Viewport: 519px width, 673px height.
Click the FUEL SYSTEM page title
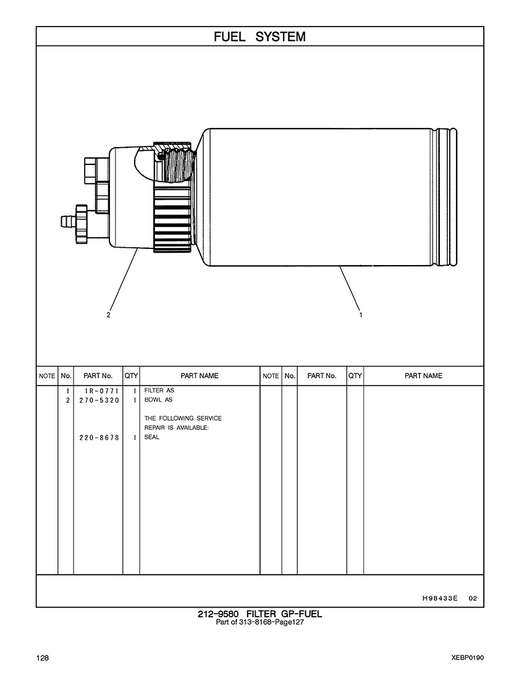click(259, 37)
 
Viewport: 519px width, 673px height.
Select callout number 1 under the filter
click(361, 315)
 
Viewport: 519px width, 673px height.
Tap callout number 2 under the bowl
click(109, 315)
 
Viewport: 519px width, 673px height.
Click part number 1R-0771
click(101, 391)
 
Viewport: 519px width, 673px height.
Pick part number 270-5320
click(99, 400)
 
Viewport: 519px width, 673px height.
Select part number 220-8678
click(99, 438)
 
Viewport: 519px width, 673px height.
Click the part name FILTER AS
click(159, 391)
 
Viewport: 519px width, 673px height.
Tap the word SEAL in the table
click(151, 438)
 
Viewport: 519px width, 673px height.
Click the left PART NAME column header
click(200, 376)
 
